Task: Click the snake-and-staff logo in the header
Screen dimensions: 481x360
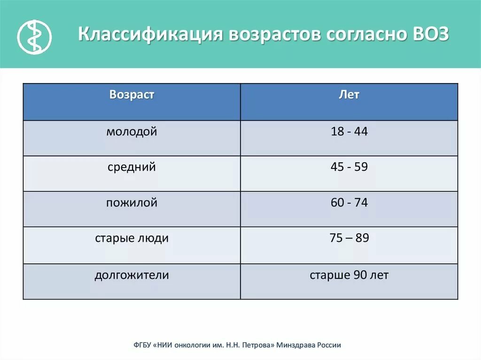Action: pyautogui.click(x=34, y=37)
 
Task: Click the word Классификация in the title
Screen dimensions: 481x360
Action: pyautogui.click(x=150, y=34)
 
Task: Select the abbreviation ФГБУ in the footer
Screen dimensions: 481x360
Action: pyautogui.click(x=142, y=345)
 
